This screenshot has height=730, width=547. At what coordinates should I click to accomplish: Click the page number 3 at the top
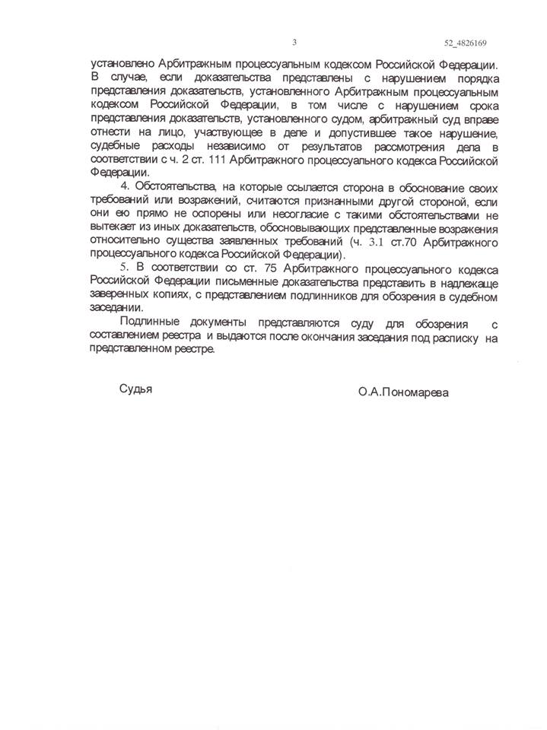[x=294, y=42]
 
